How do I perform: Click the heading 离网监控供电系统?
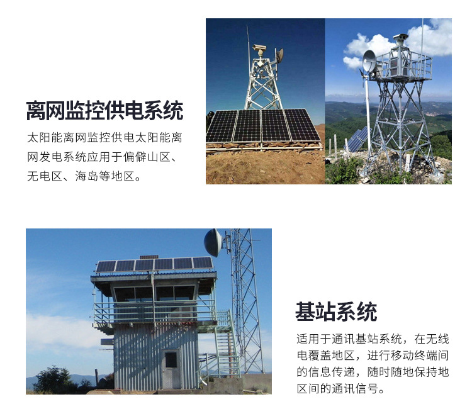click(x=104, y=110)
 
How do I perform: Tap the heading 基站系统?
click(x=336, y=311)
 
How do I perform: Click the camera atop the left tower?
click(x=259, y=48)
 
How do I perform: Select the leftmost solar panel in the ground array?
click(x=222, y=126)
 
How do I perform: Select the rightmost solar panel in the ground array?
click(x=303, y=125)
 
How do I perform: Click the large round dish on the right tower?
click(x=369, y=61)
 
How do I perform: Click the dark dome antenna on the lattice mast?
click(x=213, y=242)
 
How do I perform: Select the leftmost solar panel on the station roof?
click(x=106, y=266)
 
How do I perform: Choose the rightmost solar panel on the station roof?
click(x=202, y=262)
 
